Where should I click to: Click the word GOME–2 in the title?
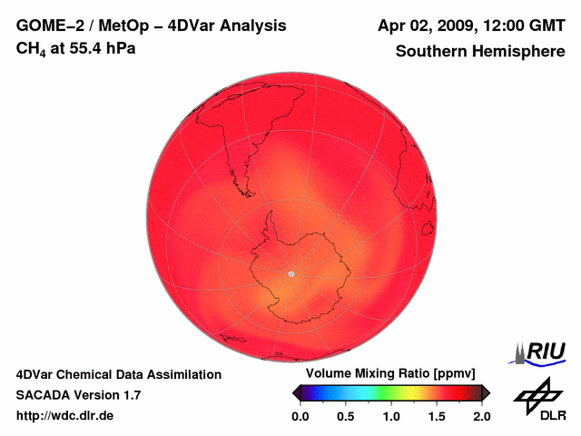point(45,25)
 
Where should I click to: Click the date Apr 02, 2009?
point(421,25)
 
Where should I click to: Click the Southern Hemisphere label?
point(479,51)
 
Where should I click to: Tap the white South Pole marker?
point(290,273)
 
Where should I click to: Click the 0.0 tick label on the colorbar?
point(300,416)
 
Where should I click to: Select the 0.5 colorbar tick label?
point(345,416)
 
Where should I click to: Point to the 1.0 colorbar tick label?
point(390,416)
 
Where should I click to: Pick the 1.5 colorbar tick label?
point(436,416)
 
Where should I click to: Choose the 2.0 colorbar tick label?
point(481,416)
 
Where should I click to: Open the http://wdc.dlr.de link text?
point(65,416)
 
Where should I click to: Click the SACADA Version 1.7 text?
point(78,395)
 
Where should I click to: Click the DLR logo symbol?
point(537,392)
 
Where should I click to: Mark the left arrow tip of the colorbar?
point(294,392)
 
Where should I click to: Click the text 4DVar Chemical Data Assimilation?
point(118,374)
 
